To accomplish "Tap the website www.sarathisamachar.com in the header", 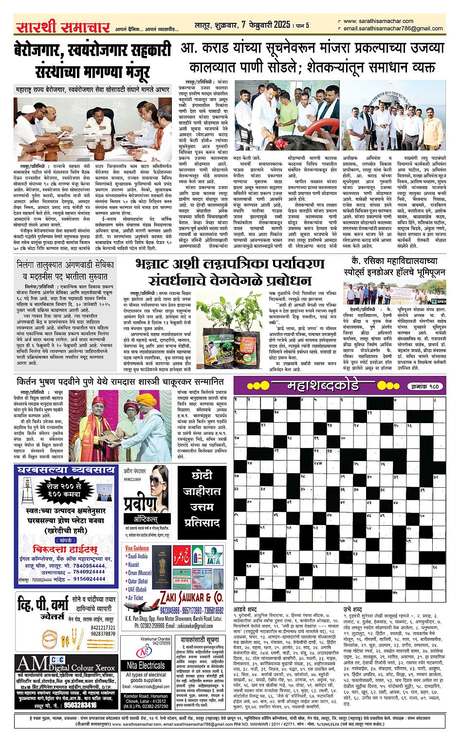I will point(378,21).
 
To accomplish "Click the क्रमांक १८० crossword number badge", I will point(423,387).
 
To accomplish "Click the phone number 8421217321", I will point(103,627).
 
